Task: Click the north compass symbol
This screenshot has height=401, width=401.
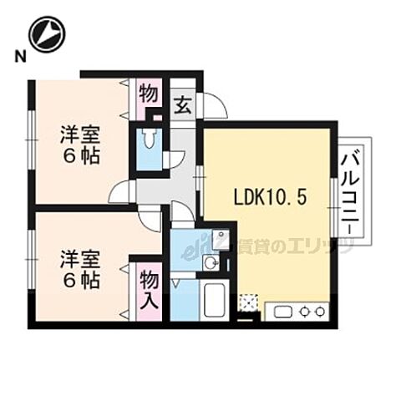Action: (47, 33)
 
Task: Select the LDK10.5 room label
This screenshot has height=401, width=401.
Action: (270, 198)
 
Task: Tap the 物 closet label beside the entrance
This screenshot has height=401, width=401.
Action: (148, 92)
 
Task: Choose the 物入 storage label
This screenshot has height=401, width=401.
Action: (149, 287)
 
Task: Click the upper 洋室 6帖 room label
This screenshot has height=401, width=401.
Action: (79, 145)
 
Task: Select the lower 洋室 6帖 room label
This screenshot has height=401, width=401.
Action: (79, 269)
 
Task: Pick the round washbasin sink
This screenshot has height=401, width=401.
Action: (211, 264)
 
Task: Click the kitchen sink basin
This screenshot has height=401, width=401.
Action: (281, 312)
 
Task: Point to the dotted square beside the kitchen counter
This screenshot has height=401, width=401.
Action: (248, 302)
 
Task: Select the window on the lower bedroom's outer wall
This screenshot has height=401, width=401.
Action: (31, 258)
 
